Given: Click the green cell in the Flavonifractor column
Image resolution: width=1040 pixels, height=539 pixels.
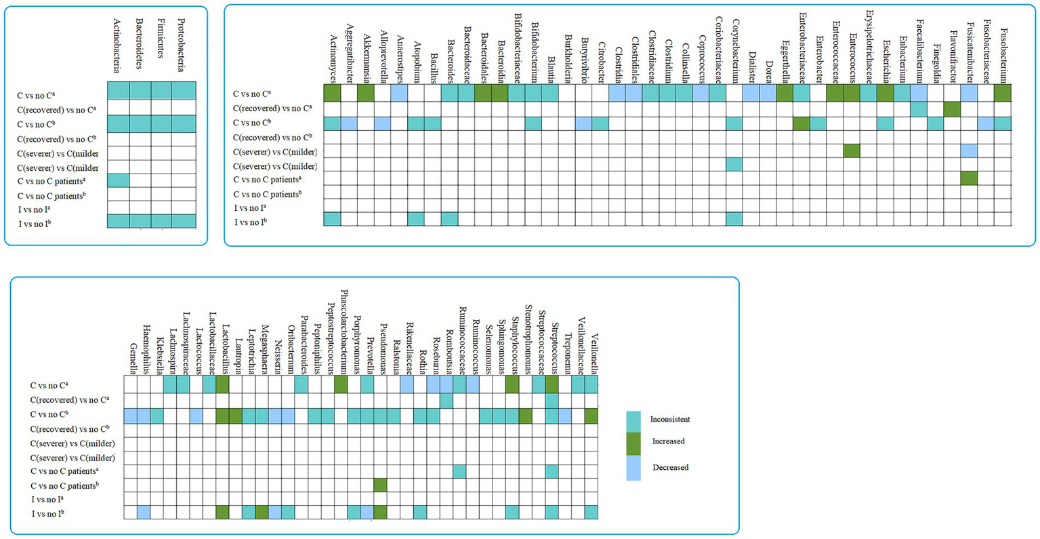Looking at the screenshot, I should [x=952, y=108].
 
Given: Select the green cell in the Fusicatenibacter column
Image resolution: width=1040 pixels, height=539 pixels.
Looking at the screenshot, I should [x=969, y=178].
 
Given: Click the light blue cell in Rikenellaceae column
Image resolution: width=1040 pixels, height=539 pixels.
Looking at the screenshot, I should [x=407, y=384].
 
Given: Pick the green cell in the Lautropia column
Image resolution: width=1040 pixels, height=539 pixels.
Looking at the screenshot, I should [x=236, y=416].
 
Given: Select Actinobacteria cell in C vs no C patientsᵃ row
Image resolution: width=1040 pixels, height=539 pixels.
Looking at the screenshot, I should [x=118, y=180].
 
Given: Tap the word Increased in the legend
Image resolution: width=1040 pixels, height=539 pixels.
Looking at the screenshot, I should [x=669, y=441].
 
